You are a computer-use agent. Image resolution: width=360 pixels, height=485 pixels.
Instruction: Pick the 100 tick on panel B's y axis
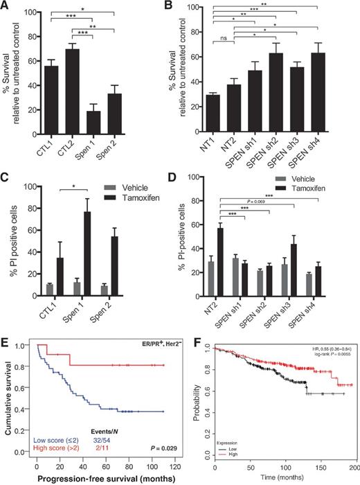194,7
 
